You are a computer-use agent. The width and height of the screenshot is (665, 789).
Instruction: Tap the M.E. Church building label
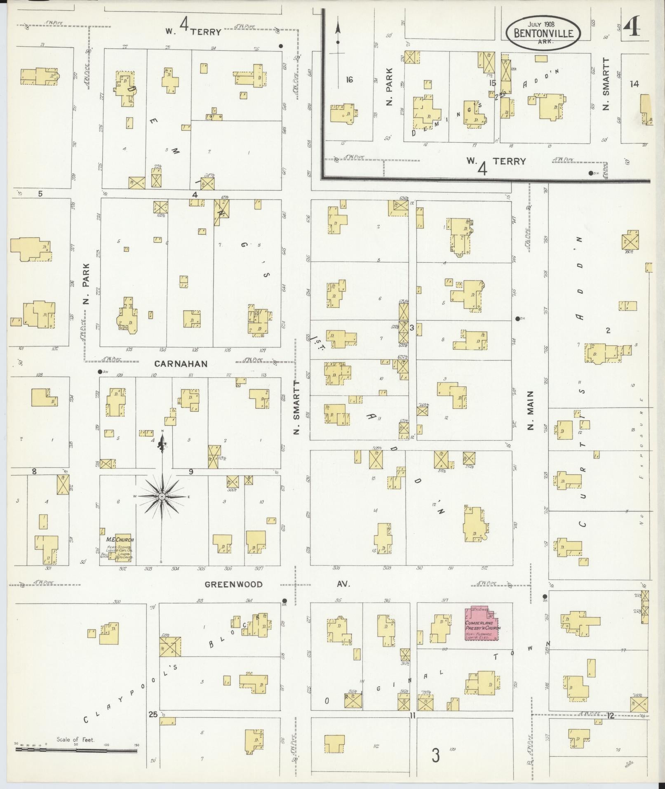(120, 539)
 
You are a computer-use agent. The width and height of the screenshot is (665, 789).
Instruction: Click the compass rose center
(162, 497)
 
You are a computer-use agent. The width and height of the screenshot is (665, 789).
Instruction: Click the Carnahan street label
(181, 364)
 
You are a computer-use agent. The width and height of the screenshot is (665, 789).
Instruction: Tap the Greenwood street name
(234, 584)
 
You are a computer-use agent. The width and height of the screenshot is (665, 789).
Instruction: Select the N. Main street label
(531, 410)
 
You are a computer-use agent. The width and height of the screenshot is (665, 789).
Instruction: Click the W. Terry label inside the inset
(496, 162)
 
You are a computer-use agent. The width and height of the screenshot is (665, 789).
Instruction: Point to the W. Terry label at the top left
(194, 31)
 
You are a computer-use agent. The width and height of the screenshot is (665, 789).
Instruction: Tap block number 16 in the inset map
(349, 80)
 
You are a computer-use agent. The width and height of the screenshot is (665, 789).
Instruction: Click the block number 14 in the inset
(634, 84)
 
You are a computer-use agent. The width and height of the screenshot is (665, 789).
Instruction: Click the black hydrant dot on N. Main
(518, 318)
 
